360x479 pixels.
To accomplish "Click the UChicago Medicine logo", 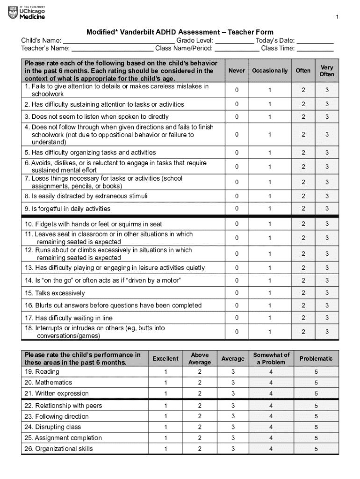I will coord(27,13).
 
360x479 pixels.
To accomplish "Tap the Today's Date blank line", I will coord(315,41).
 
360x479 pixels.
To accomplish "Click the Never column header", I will coord(237,70).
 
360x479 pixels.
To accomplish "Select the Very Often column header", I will coord(327,71).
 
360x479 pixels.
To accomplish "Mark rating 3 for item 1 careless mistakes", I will coord(327,90).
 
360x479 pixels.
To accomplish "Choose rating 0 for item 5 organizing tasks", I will coord(237,152).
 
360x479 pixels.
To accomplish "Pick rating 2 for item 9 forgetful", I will coord(303,209).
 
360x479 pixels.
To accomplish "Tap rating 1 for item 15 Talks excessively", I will coord(269,293).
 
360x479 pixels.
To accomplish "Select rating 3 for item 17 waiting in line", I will coord(327,318).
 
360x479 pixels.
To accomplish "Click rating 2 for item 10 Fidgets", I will coord(303,224).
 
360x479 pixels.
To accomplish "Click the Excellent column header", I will coord(166,359).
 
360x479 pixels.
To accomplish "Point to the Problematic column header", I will coord(316,359).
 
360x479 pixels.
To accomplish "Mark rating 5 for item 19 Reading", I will coord(316,372).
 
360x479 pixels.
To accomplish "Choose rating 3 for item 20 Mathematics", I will coord(233,383).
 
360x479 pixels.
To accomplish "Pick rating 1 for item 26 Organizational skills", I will coord(166,449).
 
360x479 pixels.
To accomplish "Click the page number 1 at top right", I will coord(337,18).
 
